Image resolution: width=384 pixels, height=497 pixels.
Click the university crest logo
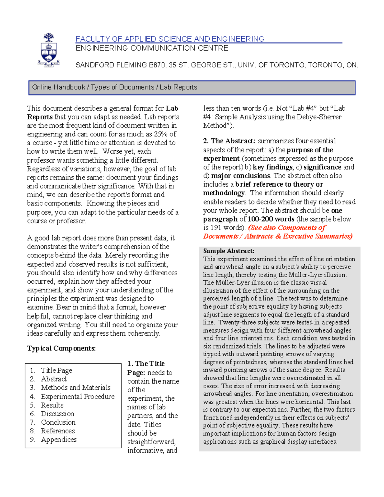coord(48,50)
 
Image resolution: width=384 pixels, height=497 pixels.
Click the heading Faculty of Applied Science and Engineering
coord(170,39)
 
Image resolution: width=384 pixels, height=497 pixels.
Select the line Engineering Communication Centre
coord(152,48)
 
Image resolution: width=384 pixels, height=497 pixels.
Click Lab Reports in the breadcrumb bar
coord(178,87)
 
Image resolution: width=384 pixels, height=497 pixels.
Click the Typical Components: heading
coord(61,348)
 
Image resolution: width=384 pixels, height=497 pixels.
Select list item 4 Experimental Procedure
coord(77,397)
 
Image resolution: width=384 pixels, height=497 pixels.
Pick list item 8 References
coord(58,431)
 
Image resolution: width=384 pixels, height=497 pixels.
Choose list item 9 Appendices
coord(59,440)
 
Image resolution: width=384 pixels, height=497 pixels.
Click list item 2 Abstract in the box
coord(54,379)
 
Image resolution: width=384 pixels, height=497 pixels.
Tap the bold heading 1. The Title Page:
coord(146,368)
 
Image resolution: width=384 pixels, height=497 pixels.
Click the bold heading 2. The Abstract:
coord(229,141)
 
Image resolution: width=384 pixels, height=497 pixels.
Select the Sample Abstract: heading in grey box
coord(228,251)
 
